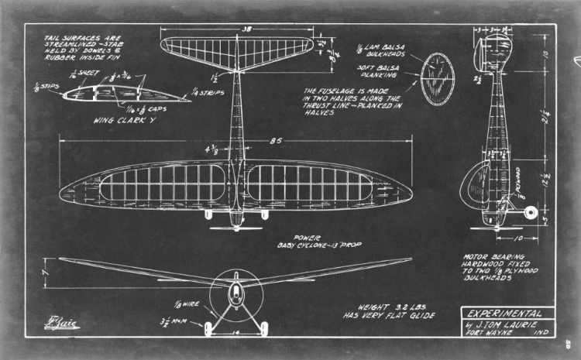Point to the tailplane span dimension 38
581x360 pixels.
(x=246, y=29)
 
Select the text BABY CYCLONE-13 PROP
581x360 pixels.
(x=320, y=245)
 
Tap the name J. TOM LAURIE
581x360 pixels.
(x=503, y=325)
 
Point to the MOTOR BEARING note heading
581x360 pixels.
(x=493, y=256)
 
